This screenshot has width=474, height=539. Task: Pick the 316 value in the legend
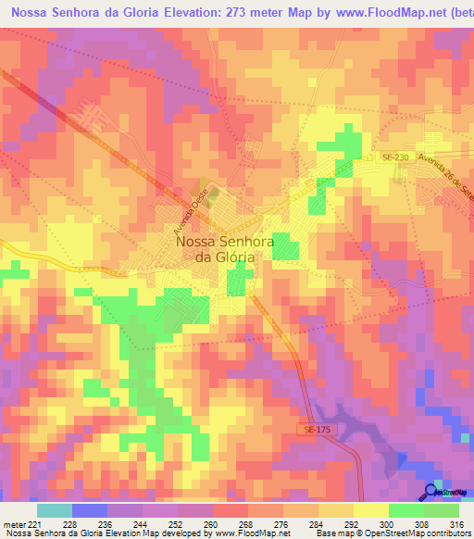[458, 523]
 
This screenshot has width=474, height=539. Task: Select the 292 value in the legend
[354, 523]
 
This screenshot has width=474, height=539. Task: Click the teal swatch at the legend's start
[55, 510]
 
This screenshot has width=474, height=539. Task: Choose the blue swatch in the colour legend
[90, 510]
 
